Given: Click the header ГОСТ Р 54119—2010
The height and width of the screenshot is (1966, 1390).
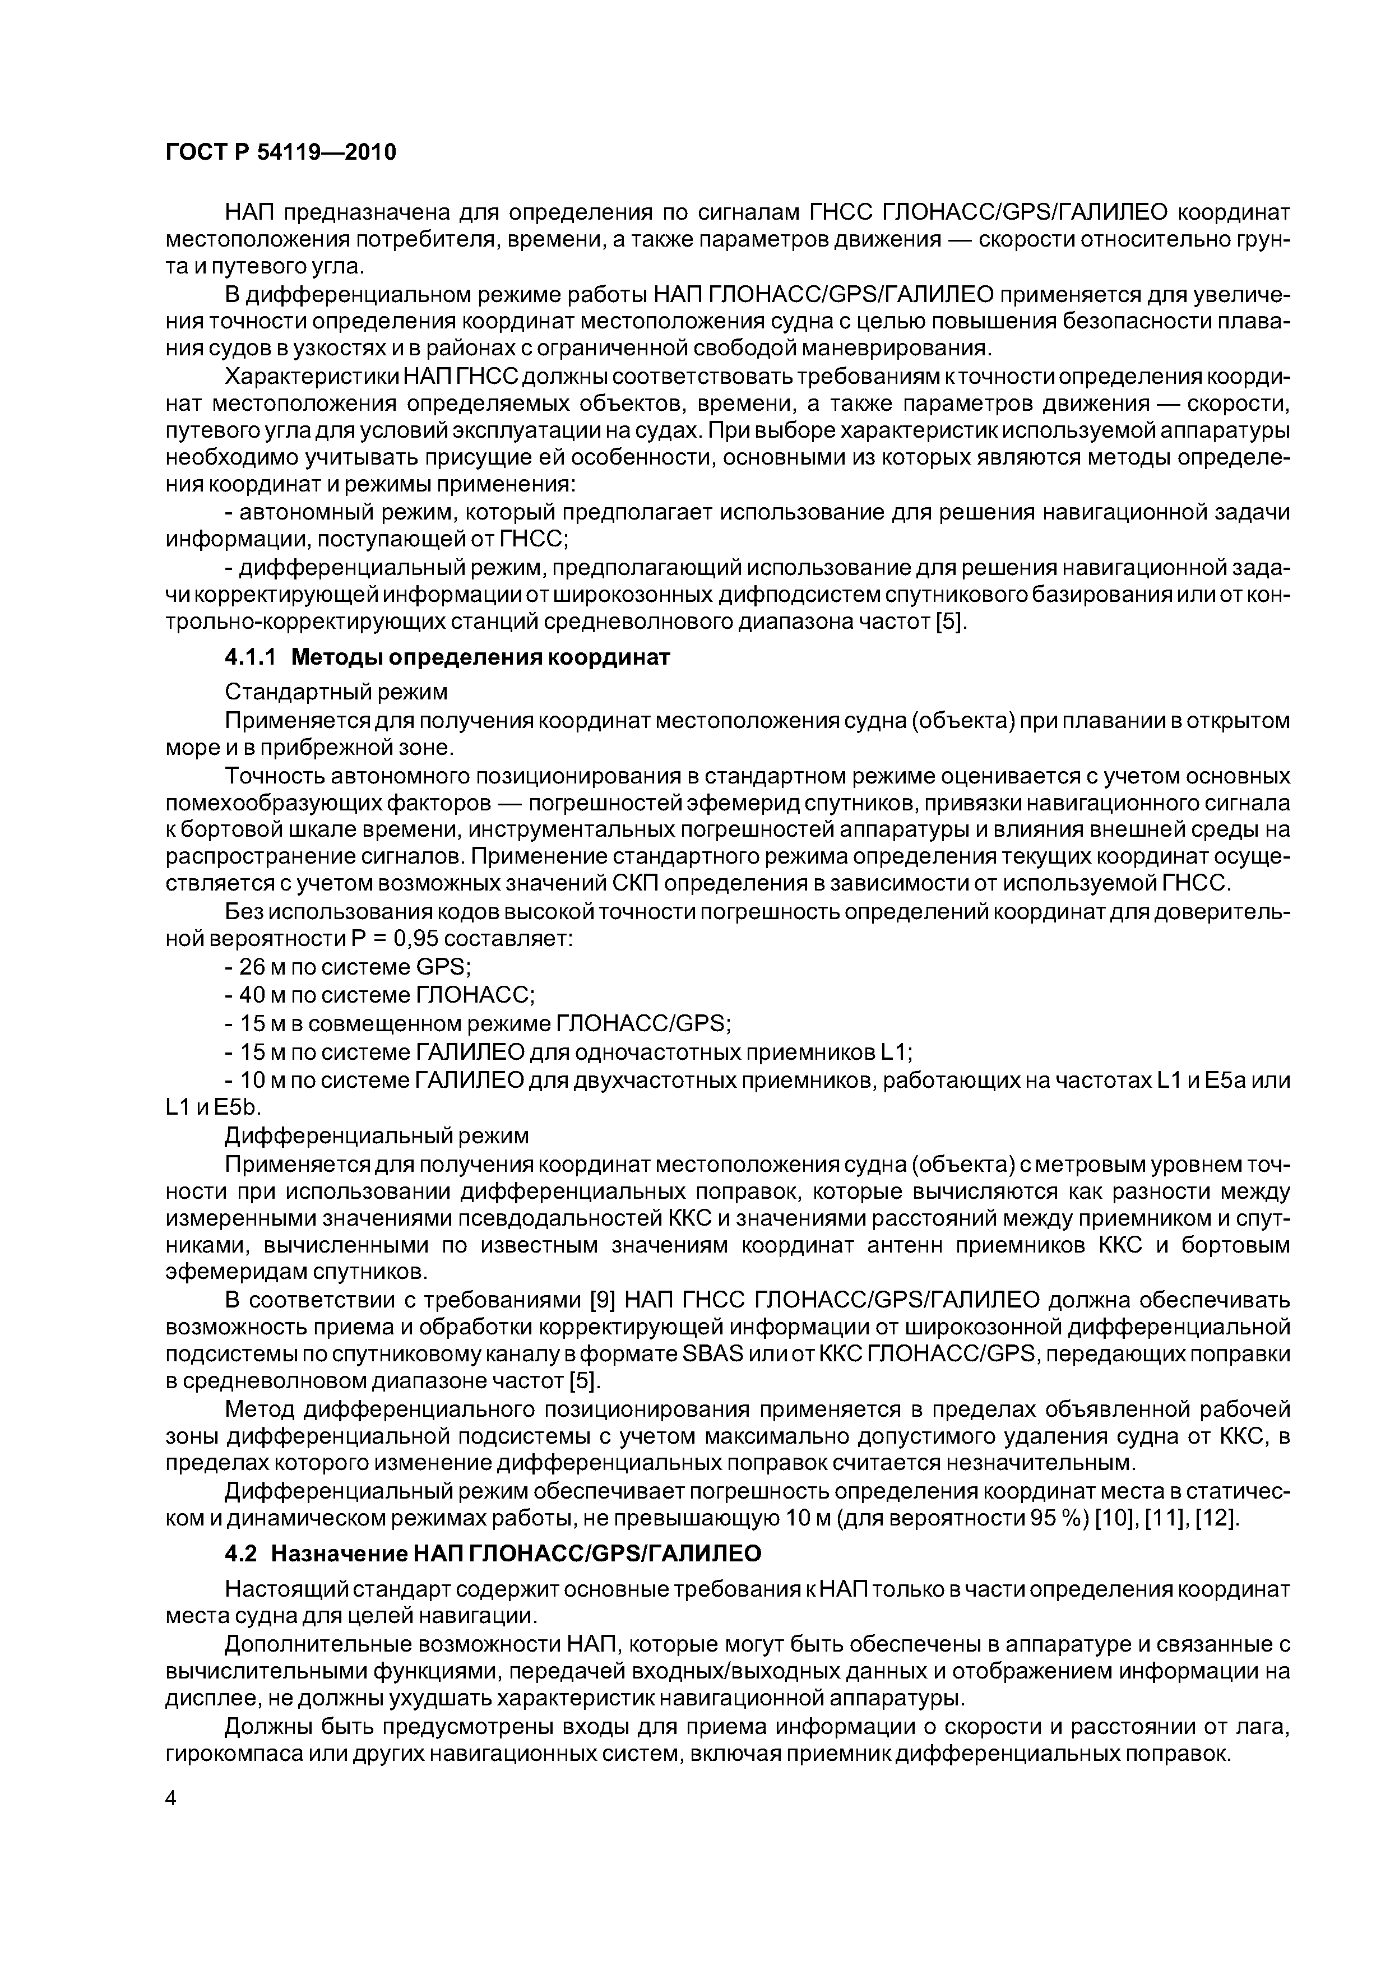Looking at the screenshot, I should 280,152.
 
